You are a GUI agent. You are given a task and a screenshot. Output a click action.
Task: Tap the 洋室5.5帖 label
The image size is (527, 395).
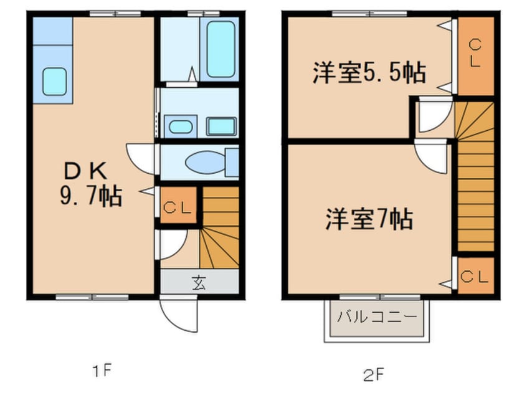pos(369,74)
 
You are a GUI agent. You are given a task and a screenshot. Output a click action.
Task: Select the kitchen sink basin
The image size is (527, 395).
pos(55,80)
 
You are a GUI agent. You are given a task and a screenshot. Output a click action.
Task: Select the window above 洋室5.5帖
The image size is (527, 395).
pos(369,13)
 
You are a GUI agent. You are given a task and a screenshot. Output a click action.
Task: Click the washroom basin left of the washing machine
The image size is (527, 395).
pos(180,126)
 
